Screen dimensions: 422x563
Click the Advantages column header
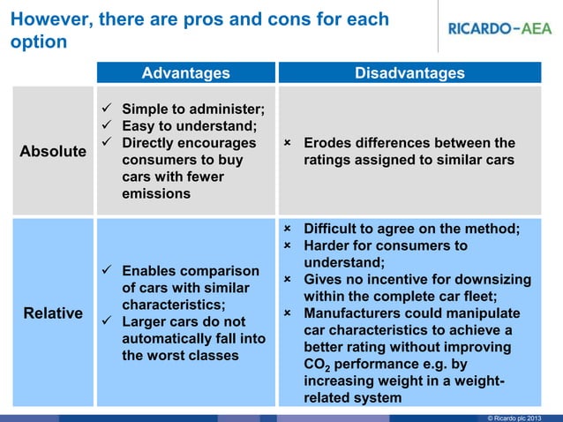185,73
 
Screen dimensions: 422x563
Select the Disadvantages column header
409,73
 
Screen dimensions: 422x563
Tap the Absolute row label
53,151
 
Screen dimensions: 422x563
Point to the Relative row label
53,313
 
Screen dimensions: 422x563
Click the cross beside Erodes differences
288,143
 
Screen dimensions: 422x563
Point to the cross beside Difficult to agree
288,229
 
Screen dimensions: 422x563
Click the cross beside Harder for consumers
288,245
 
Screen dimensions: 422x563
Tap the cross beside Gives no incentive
288,280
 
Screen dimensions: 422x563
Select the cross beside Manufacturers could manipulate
288,313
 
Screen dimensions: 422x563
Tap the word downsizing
492,280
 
